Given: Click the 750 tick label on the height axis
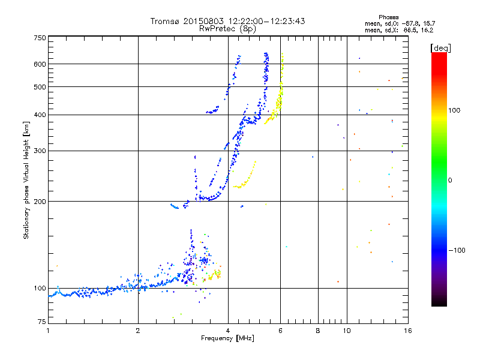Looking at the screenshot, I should click(x=39, y=38).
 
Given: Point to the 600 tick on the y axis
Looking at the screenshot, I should click(x=39, y=64).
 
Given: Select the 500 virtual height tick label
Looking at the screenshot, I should click(x=39, y=87).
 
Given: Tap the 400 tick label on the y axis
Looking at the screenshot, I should click(x=39, y=115).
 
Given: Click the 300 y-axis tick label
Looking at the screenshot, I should click(x=39, y=151).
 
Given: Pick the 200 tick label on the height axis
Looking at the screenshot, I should click(x=39, y=202).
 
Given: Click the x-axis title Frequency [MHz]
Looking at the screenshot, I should click(x=227, y=339).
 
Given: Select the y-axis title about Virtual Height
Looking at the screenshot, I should click(x=26, y=180).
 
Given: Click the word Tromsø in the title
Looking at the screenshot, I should click(x=166, y=22).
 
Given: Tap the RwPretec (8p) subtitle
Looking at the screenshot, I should click(x=227, y=28).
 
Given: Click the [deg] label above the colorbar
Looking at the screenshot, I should click(x=440, y=47).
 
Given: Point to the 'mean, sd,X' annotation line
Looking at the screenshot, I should click(x=398, y=29).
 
